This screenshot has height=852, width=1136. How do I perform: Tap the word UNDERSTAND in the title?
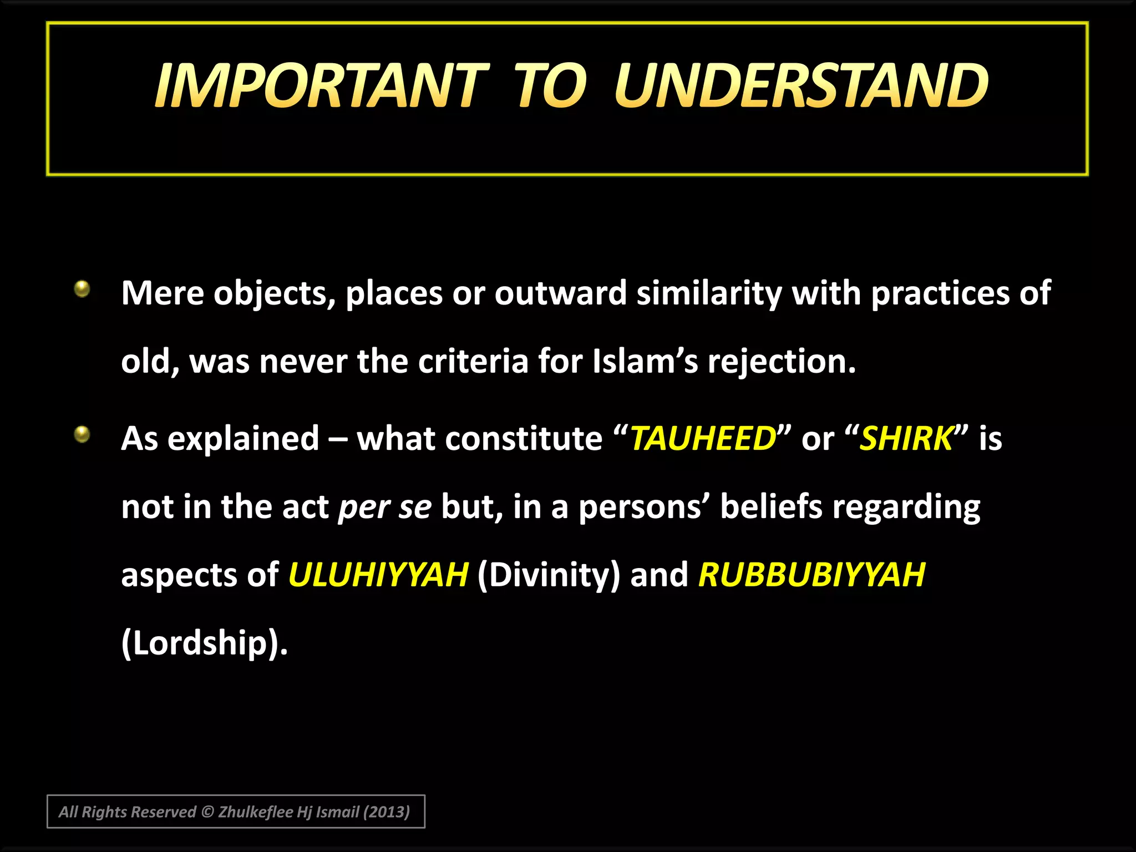[x=801, y=86]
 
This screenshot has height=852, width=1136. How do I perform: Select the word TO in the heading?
[x=550, y=86]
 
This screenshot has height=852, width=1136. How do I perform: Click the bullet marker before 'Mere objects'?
[x=82, y=288]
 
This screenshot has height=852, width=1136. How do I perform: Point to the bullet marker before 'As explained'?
[x=82, y=434]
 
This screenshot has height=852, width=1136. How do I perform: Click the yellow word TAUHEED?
[x=703, y=438]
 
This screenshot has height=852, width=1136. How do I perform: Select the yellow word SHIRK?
[x=906, y=438]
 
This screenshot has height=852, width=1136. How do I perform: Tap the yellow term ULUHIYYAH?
[x=378, y=574]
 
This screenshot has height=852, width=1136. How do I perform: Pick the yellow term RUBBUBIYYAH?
[x=812, y=574]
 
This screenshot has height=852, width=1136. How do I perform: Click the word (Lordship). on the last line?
[x=204, y=643]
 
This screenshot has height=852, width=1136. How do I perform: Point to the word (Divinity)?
[x=548, y=574]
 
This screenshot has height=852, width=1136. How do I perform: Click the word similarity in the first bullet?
[x=709, y=293]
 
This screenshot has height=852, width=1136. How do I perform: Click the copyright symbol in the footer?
[x=207, y=812]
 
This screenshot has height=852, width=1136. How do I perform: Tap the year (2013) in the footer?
[x=386, y=812]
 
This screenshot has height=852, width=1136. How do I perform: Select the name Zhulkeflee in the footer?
[x=255, y=812]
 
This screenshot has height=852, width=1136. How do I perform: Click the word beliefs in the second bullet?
[x=771, y=506]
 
